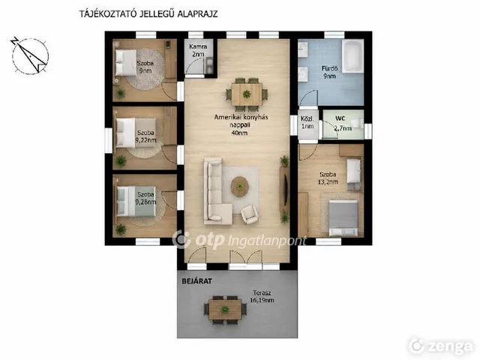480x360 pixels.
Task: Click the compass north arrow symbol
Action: tap(30, 56)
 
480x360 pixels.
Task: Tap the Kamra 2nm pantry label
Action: tap(198, 50)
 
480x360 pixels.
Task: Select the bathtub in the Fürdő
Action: tap(352, 56)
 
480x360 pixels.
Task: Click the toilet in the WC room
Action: tap(357, 124)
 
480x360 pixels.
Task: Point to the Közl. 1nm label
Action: tap(307, 122)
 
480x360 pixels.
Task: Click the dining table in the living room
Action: tap(247, 94)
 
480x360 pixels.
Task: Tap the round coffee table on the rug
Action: tap(240, 186)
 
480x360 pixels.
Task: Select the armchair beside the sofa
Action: tap(250, 214)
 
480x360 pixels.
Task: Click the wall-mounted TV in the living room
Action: tap(286, 190)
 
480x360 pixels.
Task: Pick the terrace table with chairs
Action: tap(225, 310)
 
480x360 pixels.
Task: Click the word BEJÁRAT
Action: tap(196, 281)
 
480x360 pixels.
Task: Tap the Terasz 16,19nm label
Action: tap(262, 296)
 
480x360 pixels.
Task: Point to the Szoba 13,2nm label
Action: tap(328, 178)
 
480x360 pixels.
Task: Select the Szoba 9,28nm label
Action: tap(145, 198)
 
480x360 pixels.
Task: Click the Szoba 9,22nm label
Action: tap(145, 136)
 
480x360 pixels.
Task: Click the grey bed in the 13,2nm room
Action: tap(343, 218)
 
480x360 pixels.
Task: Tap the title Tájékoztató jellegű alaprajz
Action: tap(148, 14)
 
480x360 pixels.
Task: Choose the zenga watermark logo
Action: tap(441, 346)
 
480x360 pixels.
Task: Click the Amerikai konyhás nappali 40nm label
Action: tap(241, 125)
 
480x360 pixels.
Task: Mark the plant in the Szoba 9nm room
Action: tap(120, 93)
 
